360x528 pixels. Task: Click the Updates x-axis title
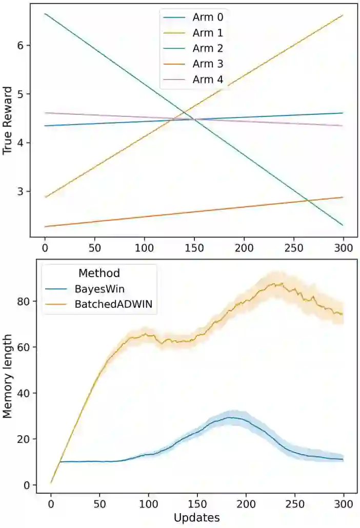197,517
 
